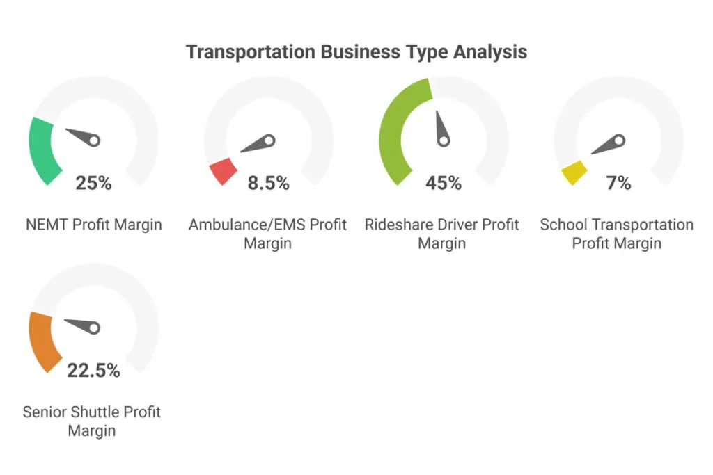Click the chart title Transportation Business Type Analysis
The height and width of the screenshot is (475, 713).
[x=356, y=52]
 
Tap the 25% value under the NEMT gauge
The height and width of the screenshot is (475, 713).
[x=93, y=183]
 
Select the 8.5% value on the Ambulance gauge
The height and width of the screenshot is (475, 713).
[x=268, y=183]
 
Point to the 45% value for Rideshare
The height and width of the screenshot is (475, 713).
[x=444, y=183]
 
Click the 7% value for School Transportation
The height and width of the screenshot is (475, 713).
[x=618, y=183]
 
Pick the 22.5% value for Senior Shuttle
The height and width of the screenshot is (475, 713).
[x=93, y=371]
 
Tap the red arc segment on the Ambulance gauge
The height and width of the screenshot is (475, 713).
[x=224, y=170]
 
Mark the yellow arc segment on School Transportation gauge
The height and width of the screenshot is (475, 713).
[x=574, y=172]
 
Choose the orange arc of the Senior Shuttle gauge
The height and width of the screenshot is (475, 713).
[x=40, y=341]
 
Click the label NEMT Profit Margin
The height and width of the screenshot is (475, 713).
[x=93, y=225]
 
